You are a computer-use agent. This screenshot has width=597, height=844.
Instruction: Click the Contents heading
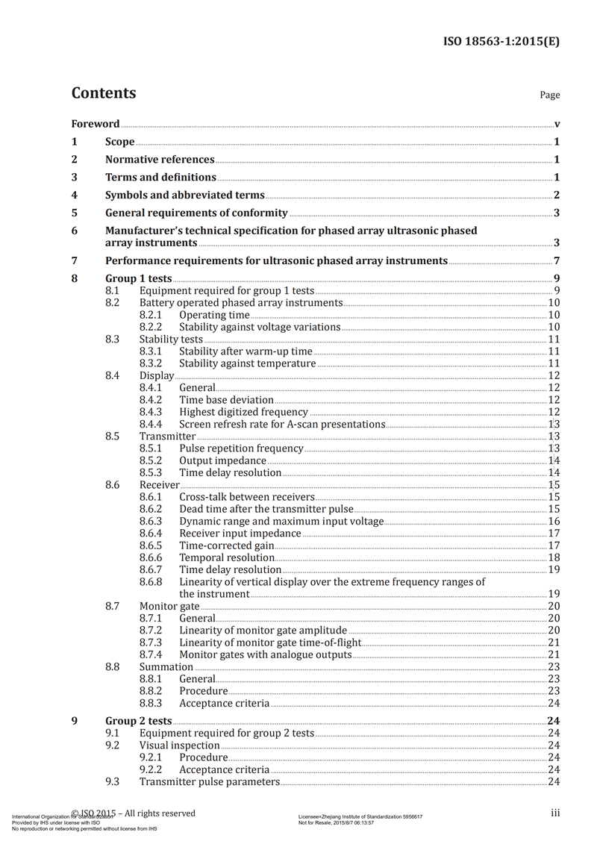tap(104, 93)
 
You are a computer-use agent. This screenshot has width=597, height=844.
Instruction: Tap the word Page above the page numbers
tap(549, 95)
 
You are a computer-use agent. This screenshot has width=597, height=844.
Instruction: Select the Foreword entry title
tap(96, 124)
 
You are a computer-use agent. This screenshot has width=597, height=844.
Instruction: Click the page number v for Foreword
tap(557, 124)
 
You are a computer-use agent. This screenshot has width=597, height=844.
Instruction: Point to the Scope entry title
tap(120, 142)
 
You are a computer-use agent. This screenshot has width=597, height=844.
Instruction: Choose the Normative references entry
tap(160, 160)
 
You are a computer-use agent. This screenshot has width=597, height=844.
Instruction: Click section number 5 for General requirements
tap(74, 213)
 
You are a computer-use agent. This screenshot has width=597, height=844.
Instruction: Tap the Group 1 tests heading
tap(139, 279)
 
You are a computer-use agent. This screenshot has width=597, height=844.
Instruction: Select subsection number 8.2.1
tap(151, 315)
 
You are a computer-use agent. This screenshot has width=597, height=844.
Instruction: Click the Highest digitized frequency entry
tap(243, 412)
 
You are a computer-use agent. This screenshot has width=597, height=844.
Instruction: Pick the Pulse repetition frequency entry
tap(241, 448)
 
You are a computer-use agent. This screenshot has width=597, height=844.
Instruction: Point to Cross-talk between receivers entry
tap(247, 497)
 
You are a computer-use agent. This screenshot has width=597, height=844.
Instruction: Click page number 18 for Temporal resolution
tap(554, 557)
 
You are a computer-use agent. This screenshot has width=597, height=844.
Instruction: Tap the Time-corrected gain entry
tap(227, 546)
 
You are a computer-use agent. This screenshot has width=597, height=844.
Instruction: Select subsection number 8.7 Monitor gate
tap(113, 606)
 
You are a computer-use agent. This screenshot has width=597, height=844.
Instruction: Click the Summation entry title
tap(166, 666)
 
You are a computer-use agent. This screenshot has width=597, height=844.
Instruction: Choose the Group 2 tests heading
tap(139, 721)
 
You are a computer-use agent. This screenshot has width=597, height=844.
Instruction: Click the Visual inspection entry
tap(180, 745)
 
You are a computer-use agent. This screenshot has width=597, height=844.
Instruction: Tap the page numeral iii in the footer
tap(555, 813)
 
